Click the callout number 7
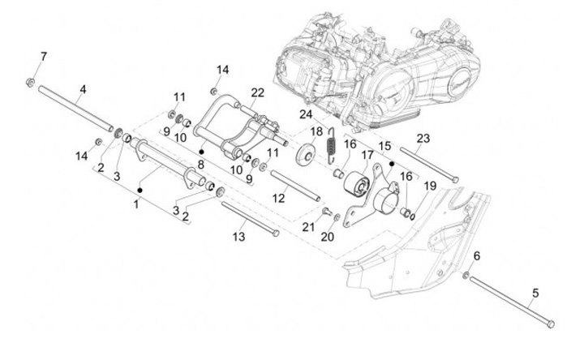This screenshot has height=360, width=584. pyautogui.click(x=44, y=57)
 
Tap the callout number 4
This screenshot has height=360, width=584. pyautogui.click(x=83, y=89)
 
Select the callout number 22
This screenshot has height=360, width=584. pyautogui.click(x=257, y=92)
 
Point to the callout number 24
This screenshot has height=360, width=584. pyautogui.click(x=306, y=114)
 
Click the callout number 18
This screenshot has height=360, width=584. pyautogui.click(x=316, y=131)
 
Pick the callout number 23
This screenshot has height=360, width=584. pyautogui.click(x=423, y=139)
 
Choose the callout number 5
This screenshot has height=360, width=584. pyautogui.click(x=535, y=294)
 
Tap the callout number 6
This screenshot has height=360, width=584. pyautogui.click(x=477, y=256)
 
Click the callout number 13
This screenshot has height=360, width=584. pyautogui.click(x=238, y=237)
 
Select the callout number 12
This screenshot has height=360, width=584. pyautogui.click(x=278, y=198)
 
